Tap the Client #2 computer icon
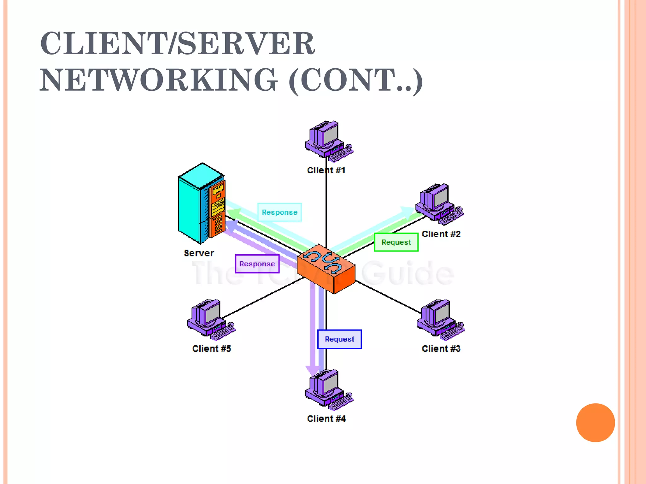(x=438, y=203)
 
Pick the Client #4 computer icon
(x=328, y=389)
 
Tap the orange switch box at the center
(x=326, y=269)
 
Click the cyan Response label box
(x=279, y=212)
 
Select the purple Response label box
(x=257, y=264)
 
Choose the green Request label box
(x=396, y=242)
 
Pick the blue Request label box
(x=339, y=339)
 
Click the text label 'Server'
(x=199, y=253)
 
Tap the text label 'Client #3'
(x=441, y=349)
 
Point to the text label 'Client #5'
(x=212, y=349)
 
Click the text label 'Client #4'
(x=326, y=419)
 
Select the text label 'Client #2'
(x=441, y=234)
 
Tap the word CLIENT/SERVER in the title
(x=178, y=43)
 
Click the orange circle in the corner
(x=595, y=423)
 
